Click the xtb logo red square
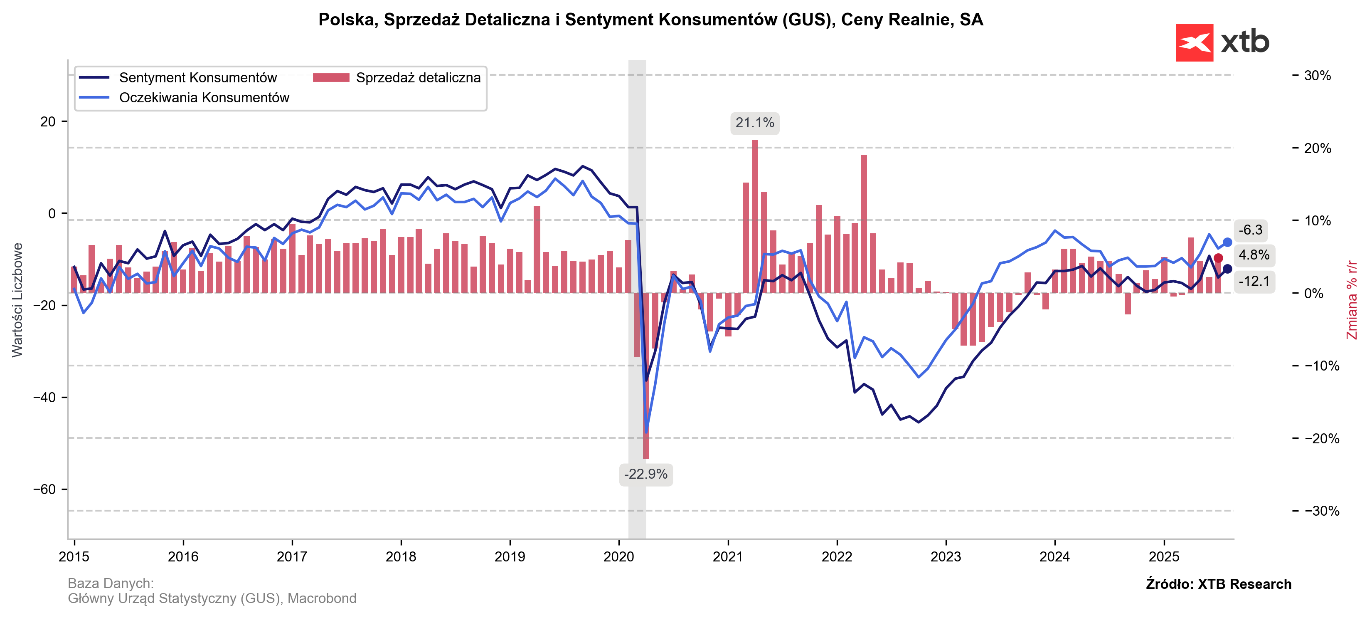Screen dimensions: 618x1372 (x=1194, y=42)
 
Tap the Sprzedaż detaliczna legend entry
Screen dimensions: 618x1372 (x=418, y=78)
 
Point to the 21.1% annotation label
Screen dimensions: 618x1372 (x=754, y=123)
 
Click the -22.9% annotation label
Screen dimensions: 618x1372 (x=645, y=474)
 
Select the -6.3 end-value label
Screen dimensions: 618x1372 (x=1250, y=230)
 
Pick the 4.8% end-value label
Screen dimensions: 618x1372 (x=1254, y=255)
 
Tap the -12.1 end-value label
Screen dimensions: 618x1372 (x=1254, y=281)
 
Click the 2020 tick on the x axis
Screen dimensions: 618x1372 (x=618, y=557)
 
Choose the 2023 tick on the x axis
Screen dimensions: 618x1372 (x=946, y=557)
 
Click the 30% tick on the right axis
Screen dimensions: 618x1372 (x=1317, y=76)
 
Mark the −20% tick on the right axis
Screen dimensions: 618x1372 (x=1321, y=438)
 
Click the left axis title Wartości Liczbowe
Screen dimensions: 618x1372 (x=17, y=300)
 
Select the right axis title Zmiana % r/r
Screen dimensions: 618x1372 (x=1351, y=300)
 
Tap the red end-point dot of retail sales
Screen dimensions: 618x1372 (x=1218, y=258)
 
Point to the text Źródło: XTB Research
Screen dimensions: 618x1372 (x=1218, y=584)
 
